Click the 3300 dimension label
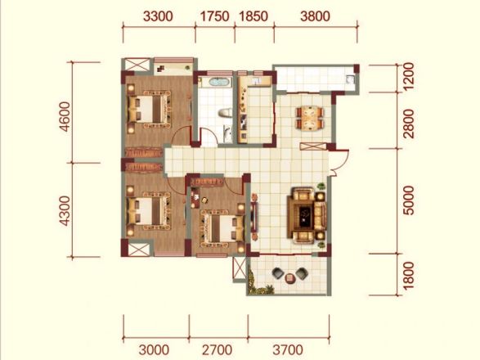tap(158, 16)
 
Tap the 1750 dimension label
tap(214, 16)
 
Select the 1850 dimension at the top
tap(253, 16)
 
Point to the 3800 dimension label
tap(316, 16)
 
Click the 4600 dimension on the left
tap(65, 117)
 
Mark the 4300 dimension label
tap(65, 211)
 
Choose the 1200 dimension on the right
tap(408, 76)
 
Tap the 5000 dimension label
tap(408, 200)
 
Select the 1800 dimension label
tap(408, 276)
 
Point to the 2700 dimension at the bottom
tap(218, 349)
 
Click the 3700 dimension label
tap(288, 349)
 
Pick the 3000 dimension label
tap(154, 349)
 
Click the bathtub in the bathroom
tap(218, 82)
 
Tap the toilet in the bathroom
tap(225, 113)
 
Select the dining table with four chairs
tap(310, 118)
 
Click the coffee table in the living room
tap(303, 214)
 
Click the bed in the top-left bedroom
tap(149, 109)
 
